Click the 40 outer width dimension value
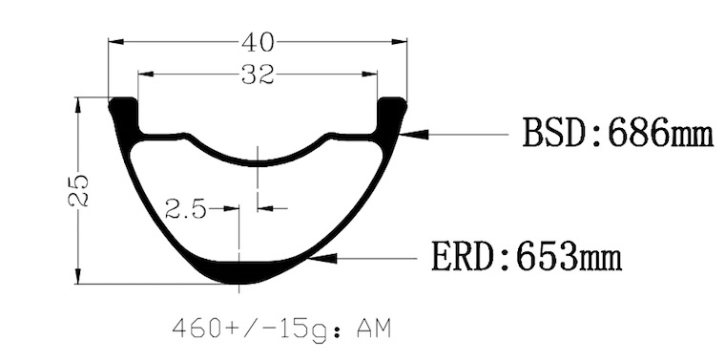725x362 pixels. click(258, 43)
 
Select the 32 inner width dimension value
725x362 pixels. click(258, 75)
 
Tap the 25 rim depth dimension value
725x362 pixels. click(78, 190)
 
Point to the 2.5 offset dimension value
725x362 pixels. click(185, 210)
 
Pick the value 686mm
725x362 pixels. click(661, 133)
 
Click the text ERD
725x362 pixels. click(464, 256)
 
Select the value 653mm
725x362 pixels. click(569, 256)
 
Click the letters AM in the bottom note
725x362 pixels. click(374, 330)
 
